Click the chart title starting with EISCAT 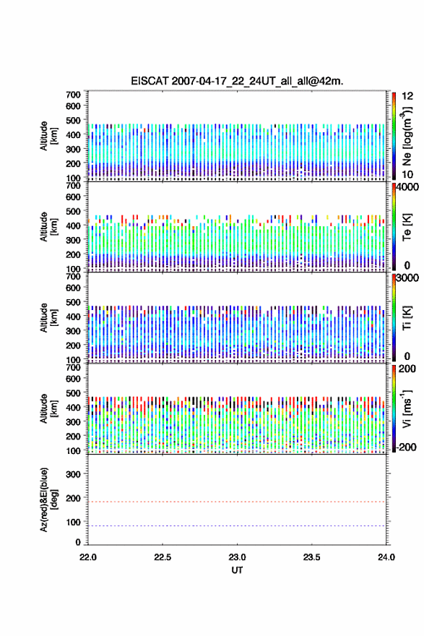[237, 81]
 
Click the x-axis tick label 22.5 [162, 557]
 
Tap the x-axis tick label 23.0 [237, 557]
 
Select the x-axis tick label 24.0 [386, 557]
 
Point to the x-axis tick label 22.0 [88, 557]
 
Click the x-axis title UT [237, 570]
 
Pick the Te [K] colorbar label [407, 227]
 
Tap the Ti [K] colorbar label [407, 318]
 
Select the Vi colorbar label [407, 409]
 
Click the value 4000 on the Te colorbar [407, 187]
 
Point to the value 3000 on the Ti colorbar [407, 278]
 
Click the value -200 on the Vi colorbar [406, 447]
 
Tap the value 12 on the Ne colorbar [407, 96]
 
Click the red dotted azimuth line [237, 502]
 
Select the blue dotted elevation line [237, 525]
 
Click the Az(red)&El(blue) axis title [49, 499]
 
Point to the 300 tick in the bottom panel [73, 474]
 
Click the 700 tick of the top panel [73, 95]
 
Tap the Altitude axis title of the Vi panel [49, 409]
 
